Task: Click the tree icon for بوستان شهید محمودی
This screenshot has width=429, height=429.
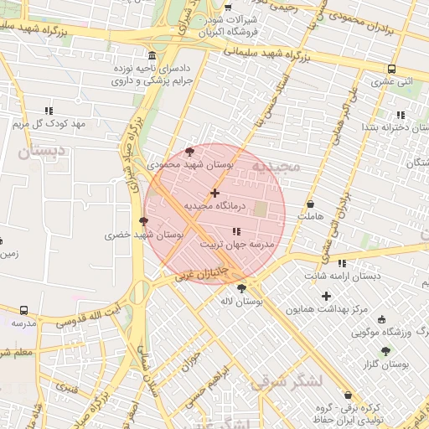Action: pyautogui.click(x=190, y=152)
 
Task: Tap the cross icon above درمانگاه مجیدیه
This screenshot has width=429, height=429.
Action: pyautogui.click(x=215, y=193)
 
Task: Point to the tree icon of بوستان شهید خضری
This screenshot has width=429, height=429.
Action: pyautogui.click(x=144, y=222)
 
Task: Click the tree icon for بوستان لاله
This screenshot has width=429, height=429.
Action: pyautogui.click(x=242, y=288)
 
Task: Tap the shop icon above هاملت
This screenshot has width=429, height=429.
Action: pyautogui.click(x=311, y=204)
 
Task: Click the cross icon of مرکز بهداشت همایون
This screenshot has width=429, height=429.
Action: pyautogui.click(x=327, y=296)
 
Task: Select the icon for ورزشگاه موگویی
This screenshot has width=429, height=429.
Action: pyautogui.click(x=382, y=319)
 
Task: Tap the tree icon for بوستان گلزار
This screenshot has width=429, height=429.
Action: pyautogui.click(x=385, y=351)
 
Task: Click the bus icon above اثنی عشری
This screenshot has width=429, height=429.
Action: pyautogui.click(x=391, y=70)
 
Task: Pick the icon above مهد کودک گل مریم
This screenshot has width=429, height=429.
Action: pyautogui.click(x=49, y=111)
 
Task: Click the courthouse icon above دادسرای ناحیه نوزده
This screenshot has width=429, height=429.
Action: pyautogui.click(x=151, y=52)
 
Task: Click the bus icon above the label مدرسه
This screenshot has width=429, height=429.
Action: pyautogui.click(x=23, y=310)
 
